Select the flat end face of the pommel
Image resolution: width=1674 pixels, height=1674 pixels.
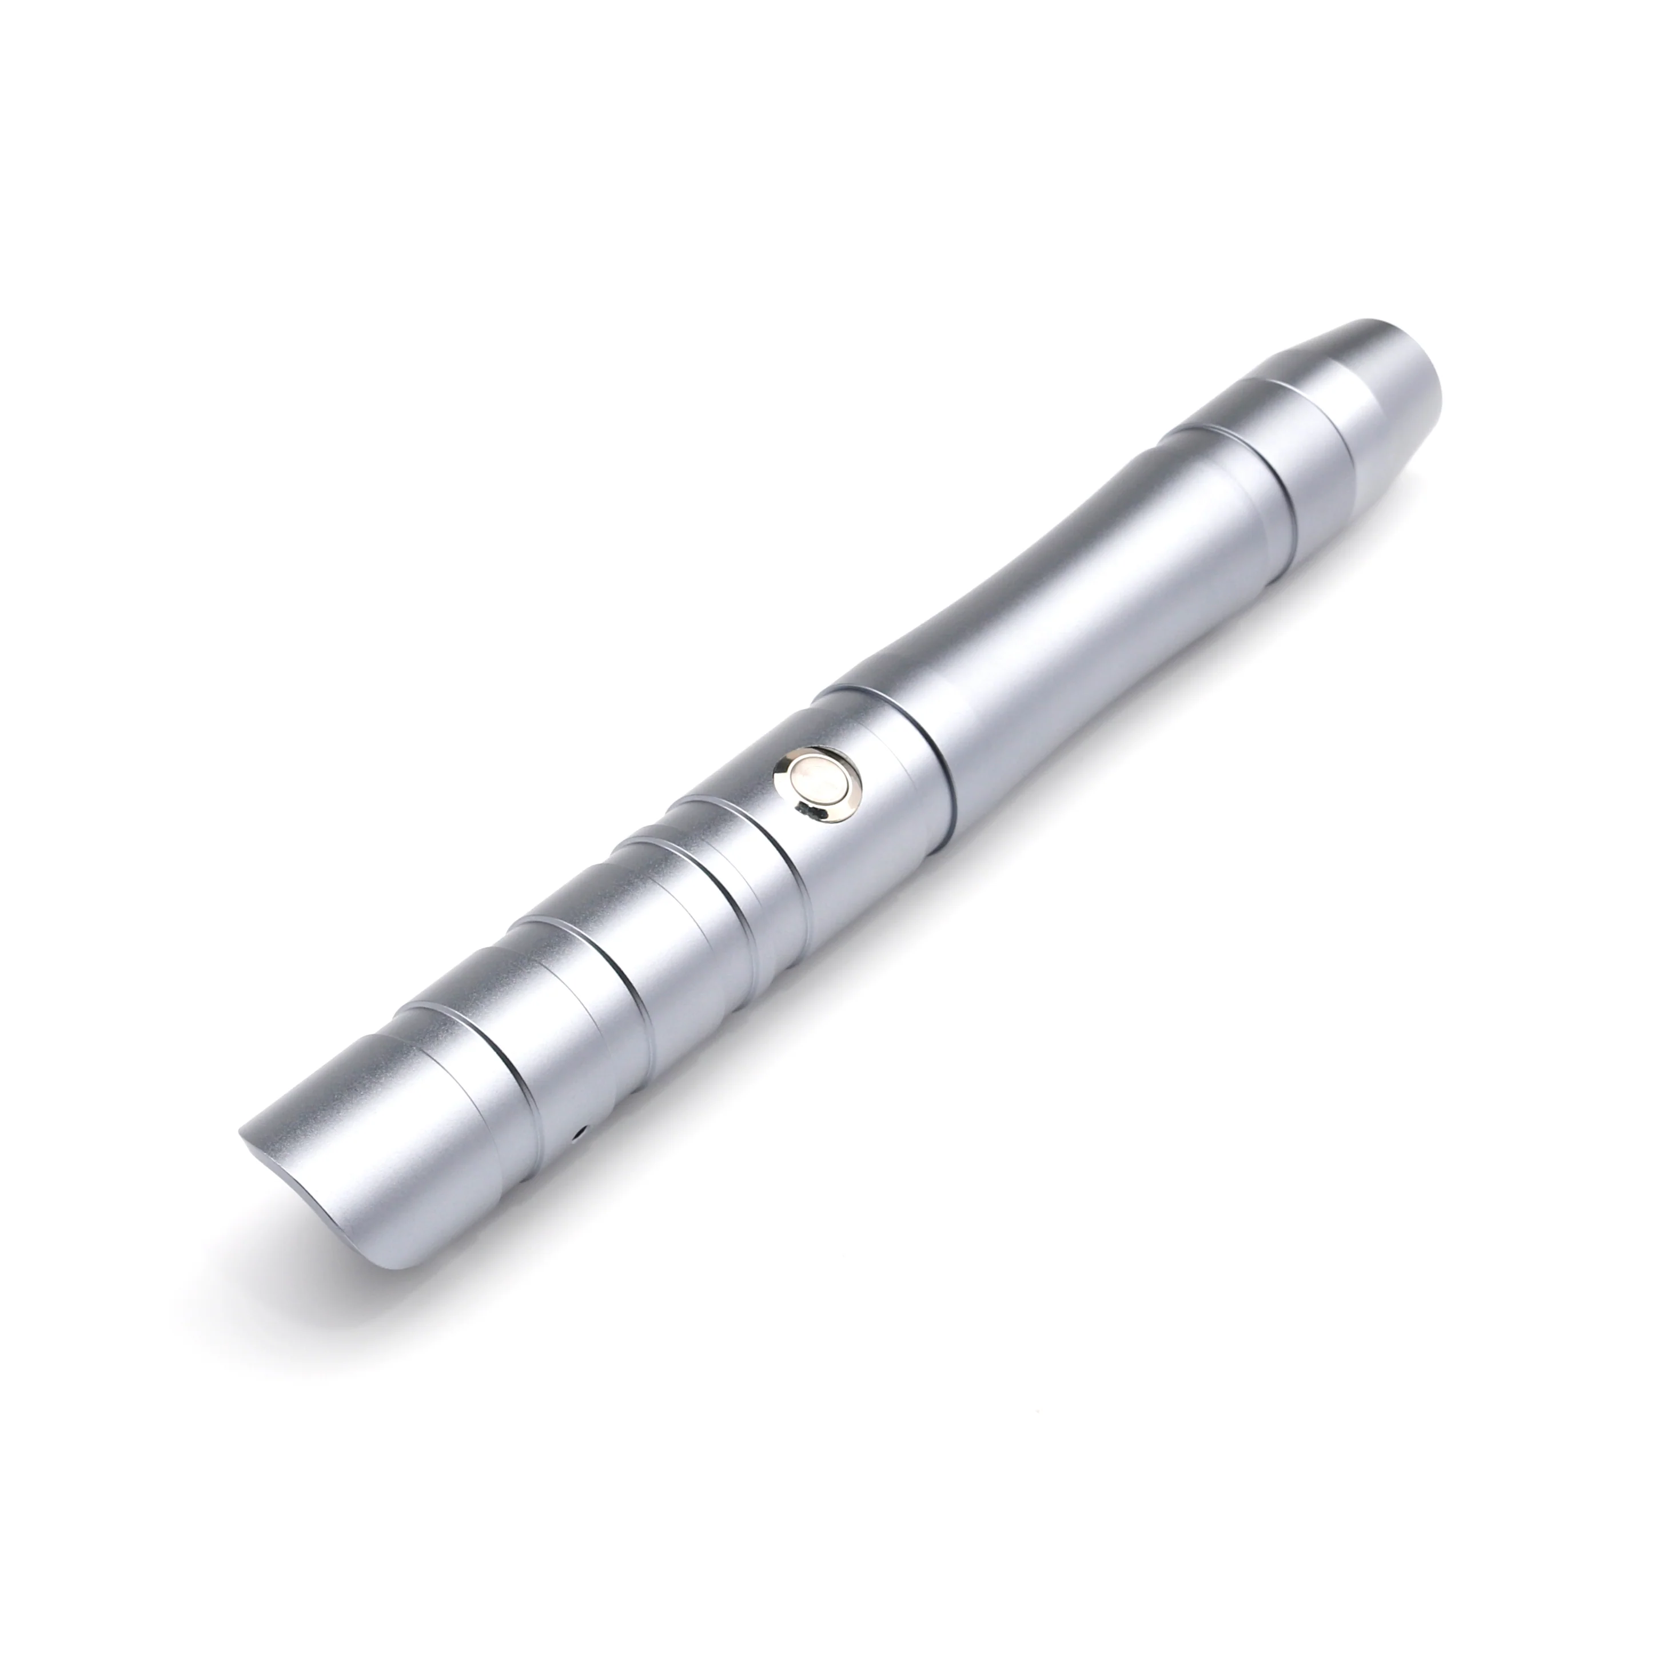click(1421, 373)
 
